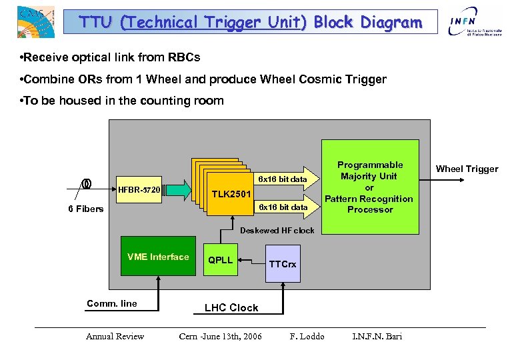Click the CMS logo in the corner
point(35,21)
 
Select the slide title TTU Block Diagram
point(251,22)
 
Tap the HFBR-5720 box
point(138,190)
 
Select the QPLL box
point(221,260)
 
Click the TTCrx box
point(283,264)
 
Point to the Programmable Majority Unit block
point(370,187)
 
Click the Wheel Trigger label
point(467,169)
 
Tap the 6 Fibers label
point(86,209)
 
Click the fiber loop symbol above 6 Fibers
point(86,184)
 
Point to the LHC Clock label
point(231,307)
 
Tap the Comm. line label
point(112,303)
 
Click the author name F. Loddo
point(307,336)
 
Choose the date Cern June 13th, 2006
point(221,336)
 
